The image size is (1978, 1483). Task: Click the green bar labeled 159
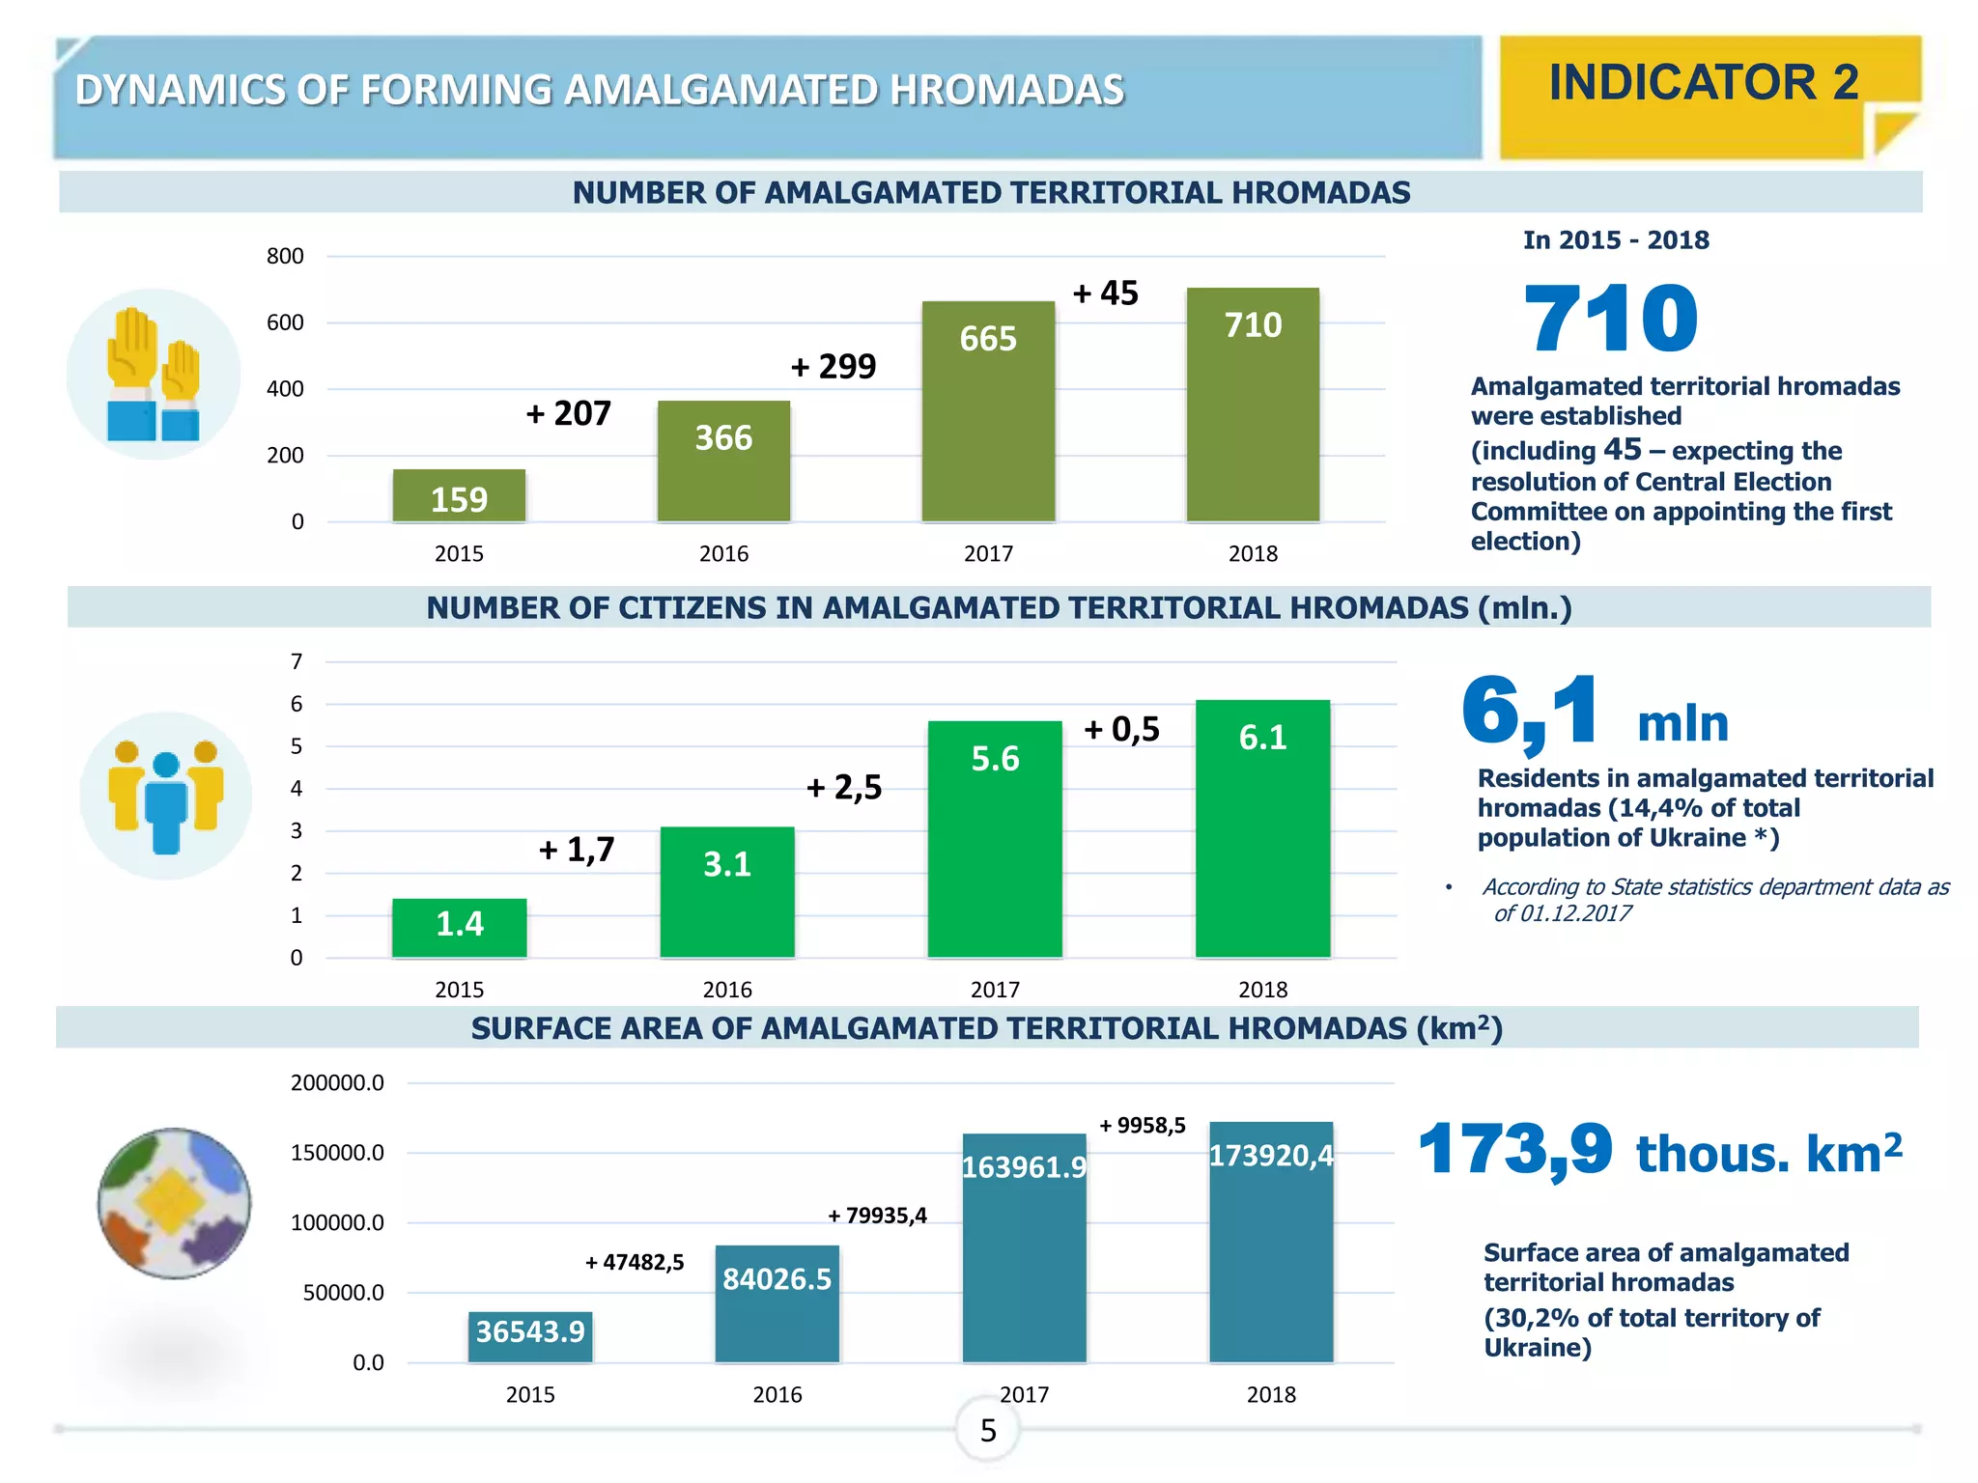pos(459,495)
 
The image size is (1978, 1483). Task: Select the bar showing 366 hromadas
pos(723,461)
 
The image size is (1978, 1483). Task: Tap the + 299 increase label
pos(834,367)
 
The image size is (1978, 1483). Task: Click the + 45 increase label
pos(1106,294)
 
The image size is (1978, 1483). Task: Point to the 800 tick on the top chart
pos(285,257)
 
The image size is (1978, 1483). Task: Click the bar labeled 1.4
pos(460,927)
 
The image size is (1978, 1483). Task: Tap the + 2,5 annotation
pos(844,788)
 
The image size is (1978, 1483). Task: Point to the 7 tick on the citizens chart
pos(297,662)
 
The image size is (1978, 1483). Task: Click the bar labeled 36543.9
pos(530,1336)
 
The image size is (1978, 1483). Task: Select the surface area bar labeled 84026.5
pos(777,1302)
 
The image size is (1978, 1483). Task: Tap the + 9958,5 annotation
pos(1143,1126)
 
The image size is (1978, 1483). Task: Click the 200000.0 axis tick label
pos(337,1083)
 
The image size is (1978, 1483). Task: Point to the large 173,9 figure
pos(1514,1149)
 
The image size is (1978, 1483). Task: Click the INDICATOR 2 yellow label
pos(1704,83)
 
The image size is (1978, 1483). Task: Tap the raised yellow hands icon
pos(153,374)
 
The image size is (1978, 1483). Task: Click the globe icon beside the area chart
pos(174,1203)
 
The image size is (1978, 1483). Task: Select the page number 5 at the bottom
pos(987,1431)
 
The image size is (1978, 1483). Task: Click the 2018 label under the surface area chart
pos(1271,1395)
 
